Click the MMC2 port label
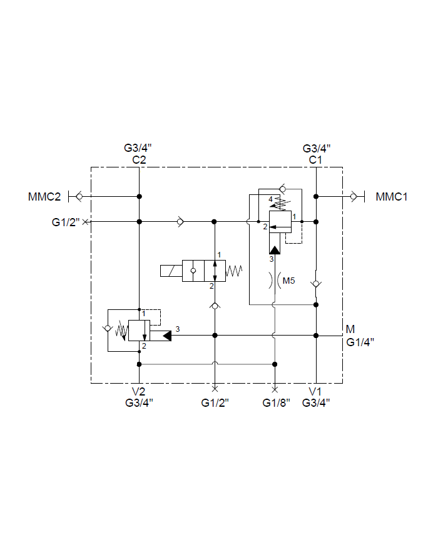tap(44, 197)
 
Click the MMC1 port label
tap(392, 197)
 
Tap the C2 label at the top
tap(139, 159)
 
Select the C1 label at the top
tap(316, 159)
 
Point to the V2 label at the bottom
tap(139, 392)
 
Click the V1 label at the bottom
tap(316, 392)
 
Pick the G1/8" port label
tap(276, 402)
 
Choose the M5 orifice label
tap(288, 281)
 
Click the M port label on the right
tap(350, 329)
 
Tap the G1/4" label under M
tap(360, 341)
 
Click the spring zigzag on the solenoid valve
tap(233, 271)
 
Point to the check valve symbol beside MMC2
tap(79, 196)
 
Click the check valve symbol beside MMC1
tap(354, 196)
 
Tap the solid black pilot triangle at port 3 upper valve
tap(274, 249)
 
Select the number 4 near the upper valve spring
tap(271, 199)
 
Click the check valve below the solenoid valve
tap(215, 306)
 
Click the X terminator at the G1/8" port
tap(275, 389)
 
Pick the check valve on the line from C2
tap(180, 221)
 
